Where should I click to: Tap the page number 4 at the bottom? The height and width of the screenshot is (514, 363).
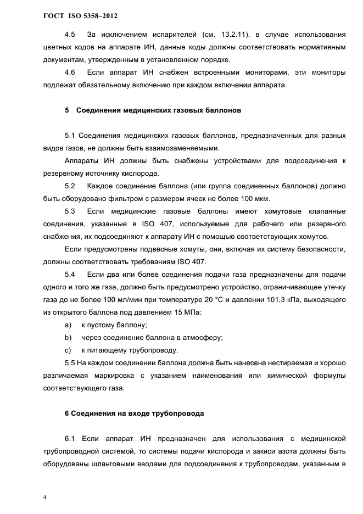pyautogui.click(x=44, y=497)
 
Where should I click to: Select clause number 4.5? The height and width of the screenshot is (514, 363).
pyautogui.click(x=70, y=36)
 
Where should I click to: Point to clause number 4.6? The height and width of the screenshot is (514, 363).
pyautogui.click(x=70, y=72)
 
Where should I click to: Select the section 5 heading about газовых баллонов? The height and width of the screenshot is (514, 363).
pyautogui.click(x=153, y=110)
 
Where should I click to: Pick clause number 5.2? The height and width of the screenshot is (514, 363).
pyautogui.click(x=70, y=186)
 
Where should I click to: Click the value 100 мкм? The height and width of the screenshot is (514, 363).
pyautogui.click(x=254, y=198)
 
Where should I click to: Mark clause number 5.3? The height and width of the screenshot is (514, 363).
pyautogui.click(x=70, y=211)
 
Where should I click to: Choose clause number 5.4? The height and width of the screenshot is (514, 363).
pyautogui.click(x=70, y=274)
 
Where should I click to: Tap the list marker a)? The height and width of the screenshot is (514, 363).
pyautogui.click(x=68, y=325)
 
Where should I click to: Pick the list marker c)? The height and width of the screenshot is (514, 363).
pyautogui.click(x=68, y=350)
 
